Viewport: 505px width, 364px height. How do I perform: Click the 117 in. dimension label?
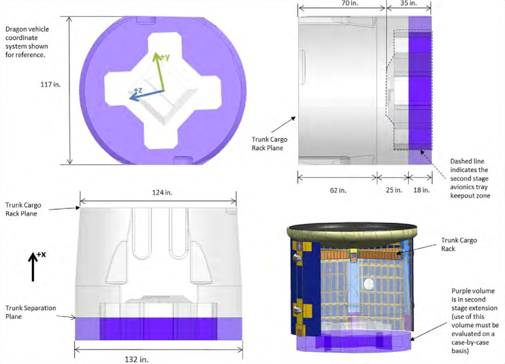click(50, 84)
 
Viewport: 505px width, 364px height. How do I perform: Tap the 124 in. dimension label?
click(162, 193)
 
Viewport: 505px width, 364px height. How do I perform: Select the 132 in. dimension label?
click(137, 359)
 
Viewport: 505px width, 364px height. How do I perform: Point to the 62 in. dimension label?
click(338, 190)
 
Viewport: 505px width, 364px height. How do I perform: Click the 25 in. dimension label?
click(394, 190)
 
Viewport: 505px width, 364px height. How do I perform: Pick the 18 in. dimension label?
click(421, 190)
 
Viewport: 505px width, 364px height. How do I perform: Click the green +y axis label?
click(164, 57)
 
